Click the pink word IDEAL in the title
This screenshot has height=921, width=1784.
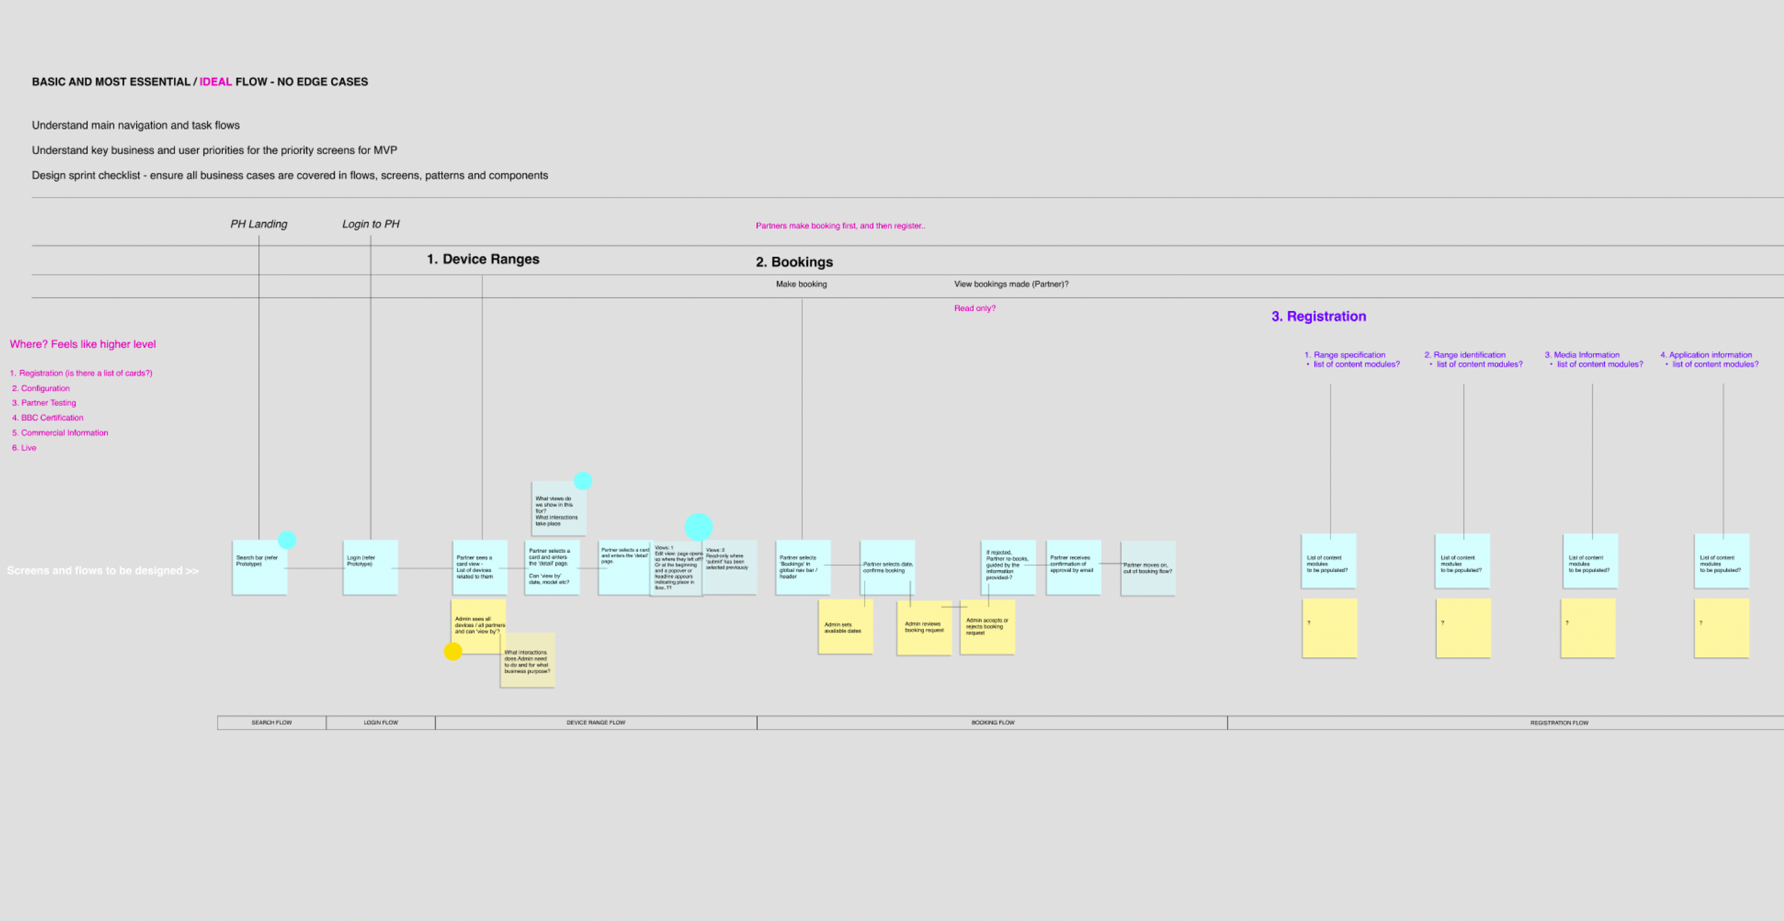click(x=216, y=82)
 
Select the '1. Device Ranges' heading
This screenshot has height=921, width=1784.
click(x=483, y=260)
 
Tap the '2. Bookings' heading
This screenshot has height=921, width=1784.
click(x=794, y=263)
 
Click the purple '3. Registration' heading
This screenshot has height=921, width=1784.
click(x=1318, y=317)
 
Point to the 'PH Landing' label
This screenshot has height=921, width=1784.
click(x=258, y=224)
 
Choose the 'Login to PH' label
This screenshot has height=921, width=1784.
click(x=370, y=224)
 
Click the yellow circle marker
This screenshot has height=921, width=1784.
click(x=453, y=651)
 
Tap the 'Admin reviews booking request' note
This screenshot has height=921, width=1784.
click(x=924, y=628)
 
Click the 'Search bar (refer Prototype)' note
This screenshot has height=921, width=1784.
click(x=259, y=568)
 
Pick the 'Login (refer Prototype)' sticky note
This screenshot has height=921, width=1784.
click(x=370, y=568)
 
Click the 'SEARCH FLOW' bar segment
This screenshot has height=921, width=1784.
click(x=272, y=723)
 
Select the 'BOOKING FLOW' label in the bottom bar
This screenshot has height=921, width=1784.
click(x=993, y=723)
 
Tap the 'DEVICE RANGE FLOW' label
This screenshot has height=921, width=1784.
click(x=596, y=723)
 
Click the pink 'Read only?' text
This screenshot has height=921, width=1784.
click(x=975, y=309)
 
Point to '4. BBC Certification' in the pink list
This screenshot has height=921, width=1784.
click(x=48, y=418)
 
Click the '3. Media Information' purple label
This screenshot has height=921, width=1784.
click(x=1582, y=355)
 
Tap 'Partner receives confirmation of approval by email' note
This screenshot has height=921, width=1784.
click(x=1073, y=566)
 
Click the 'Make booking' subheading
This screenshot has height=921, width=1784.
click(x=801, y=285)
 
